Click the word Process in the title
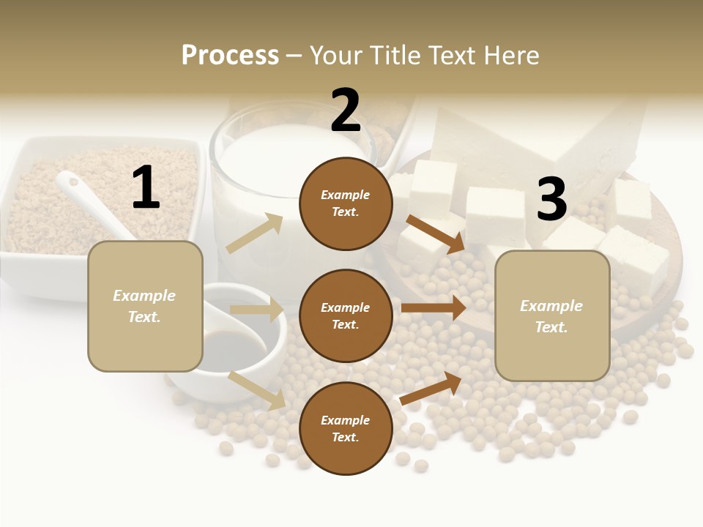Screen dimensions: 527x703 tap(230, 56)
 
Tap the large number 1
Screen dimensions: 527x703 tap(145, 188)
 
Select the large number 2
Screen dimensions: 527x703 tap(346, 111)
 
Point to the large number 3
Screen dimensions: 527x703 tap(551, 199)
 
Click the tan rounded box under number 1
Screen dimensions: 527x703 tap(145, 306)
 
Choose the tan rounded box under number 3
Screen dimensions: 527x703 tap(552, 316)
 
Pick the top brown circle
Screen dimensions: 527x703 tap(346, 203)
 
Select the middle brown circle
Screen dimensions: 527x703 tap(346, 316)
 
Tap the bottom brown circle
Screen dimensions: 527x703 tap(346, 429)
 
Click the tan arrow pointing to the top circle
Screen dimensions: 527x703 tap(255, 233)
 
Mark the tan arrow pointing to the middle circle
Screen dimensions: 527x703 tap(257, 310)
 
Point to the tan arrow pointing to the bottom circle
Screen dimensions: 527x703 tap(257, 389)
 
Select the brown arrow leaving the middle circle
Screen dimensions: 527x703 tap(434, 308)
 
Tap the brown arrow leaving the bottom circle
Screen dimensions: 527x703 tap(431, 388)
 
